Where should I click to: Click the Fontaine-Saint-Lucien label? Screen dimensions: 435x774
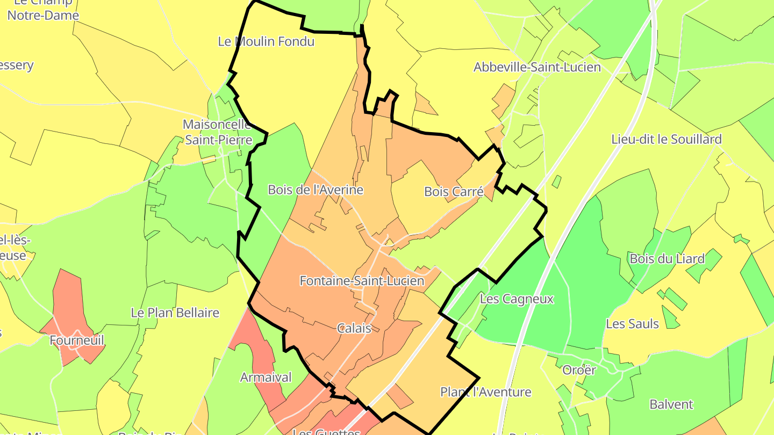tap(361, 281)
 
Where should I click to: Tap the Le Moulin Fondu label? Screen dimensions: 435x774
tap(266, 41)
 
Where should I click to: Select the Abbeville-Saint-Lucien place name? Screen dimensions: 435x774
tap(537, 68)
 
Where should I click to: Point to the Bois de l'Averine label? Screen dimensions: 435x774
tap(316, 190)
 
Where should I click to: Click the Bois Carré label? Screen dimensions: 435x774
tap(454, 191)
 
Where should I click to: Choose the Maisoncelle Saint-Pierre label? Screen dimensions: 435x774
tap(218, 132)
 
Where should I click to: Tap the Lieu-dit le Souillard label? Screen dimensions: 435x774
tap(666, 140)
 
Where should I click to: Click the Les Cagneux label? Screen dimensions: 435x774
tap(517, 299)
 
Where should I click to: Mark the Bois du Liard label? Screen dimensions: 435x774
tap(667, 259)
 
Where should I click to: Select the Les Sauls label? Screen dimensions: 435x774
tap(632, 324)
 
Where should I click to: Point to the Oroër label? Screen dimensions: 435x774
tap(579, 370)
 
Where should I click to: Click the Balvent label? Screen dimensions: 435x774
tap(671, 404)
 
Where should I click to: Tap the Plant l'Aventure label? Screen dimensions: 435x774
tap(486, 392)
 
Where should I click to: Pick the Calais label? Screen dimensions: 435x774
tap(354, 328)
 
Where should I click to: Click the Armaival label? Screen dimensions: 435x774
tap(266, 378)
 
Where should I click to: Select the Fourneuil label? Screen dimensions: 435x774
tap(77, 340)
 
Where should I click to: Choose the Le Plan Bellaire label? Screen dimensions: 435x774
tap(175, 313)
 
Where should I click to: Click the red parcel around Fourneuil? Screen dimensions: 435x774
tap(67, 301)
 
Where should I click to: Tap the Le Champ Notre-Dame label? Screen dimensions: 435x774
tap(43, 9)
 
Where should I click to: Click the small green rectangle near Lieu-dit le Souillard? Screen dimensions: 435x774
tap(556, 182)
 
